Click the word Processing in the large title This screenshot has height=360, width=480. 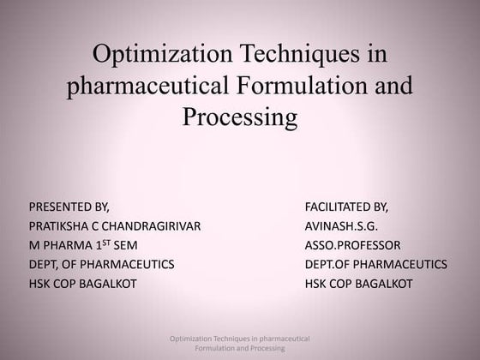point(240,116)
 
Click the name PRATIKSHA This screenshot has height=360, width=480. point(61,226)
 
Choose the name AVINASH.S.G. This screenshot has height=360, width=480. point(341,226)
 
